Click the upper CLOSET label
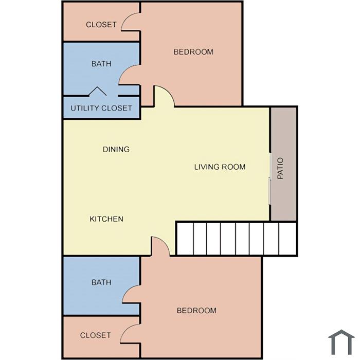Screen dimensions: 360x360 (x=101, y=25)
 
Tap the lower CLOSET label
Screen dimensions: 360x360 (x=96, y=335)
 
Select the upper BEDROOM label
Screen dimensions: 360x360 (x=193, y=52)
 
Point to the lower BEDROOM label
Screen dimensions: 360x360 (x=196, y=311)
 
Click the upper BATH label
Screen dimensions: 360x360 (x=101, y=64)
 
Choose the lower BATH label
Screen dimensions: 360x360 (x=101, y=282)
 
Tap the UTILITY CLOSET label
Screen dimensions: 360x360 (x=101, y=108)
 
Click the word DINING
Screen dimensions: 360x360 (x=116, y=150)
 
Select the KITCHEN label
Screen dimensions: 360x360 (x=106, y=219)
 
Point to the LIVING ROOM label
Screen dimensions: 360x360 (x=220, y=167)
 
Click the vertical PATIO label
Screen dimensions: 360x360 (x=280, y=168)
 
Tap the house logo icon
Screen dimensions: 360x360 (x=341, y=342)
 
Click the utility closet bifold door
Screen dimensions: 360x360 (x=98, y=91)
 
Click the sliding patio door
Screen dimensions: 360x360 (x=270, y=178)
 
